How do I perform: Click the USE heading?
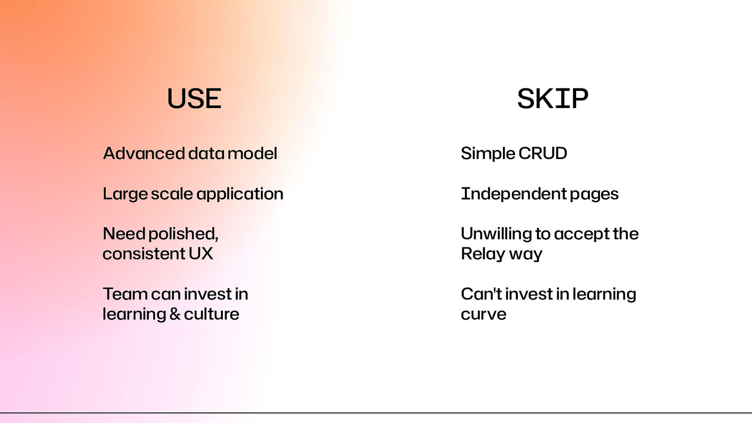coord(194,99)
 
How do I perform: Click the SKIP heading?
coord(552,99)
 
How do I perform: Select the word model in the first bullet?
coord(252,153)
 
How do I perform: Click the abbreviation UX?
coord(201,254)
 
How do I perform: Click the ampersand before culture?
coord(175,314)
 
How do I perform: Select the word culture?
coord(211,314)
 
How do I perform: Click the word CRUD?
coord(542,153)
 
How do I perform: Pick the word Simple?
coord(488,153)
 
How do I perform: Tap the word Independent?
coord(513,194)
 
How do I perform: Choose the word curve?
coord(483,314)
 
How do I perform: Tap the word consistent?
coord(144,254)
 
